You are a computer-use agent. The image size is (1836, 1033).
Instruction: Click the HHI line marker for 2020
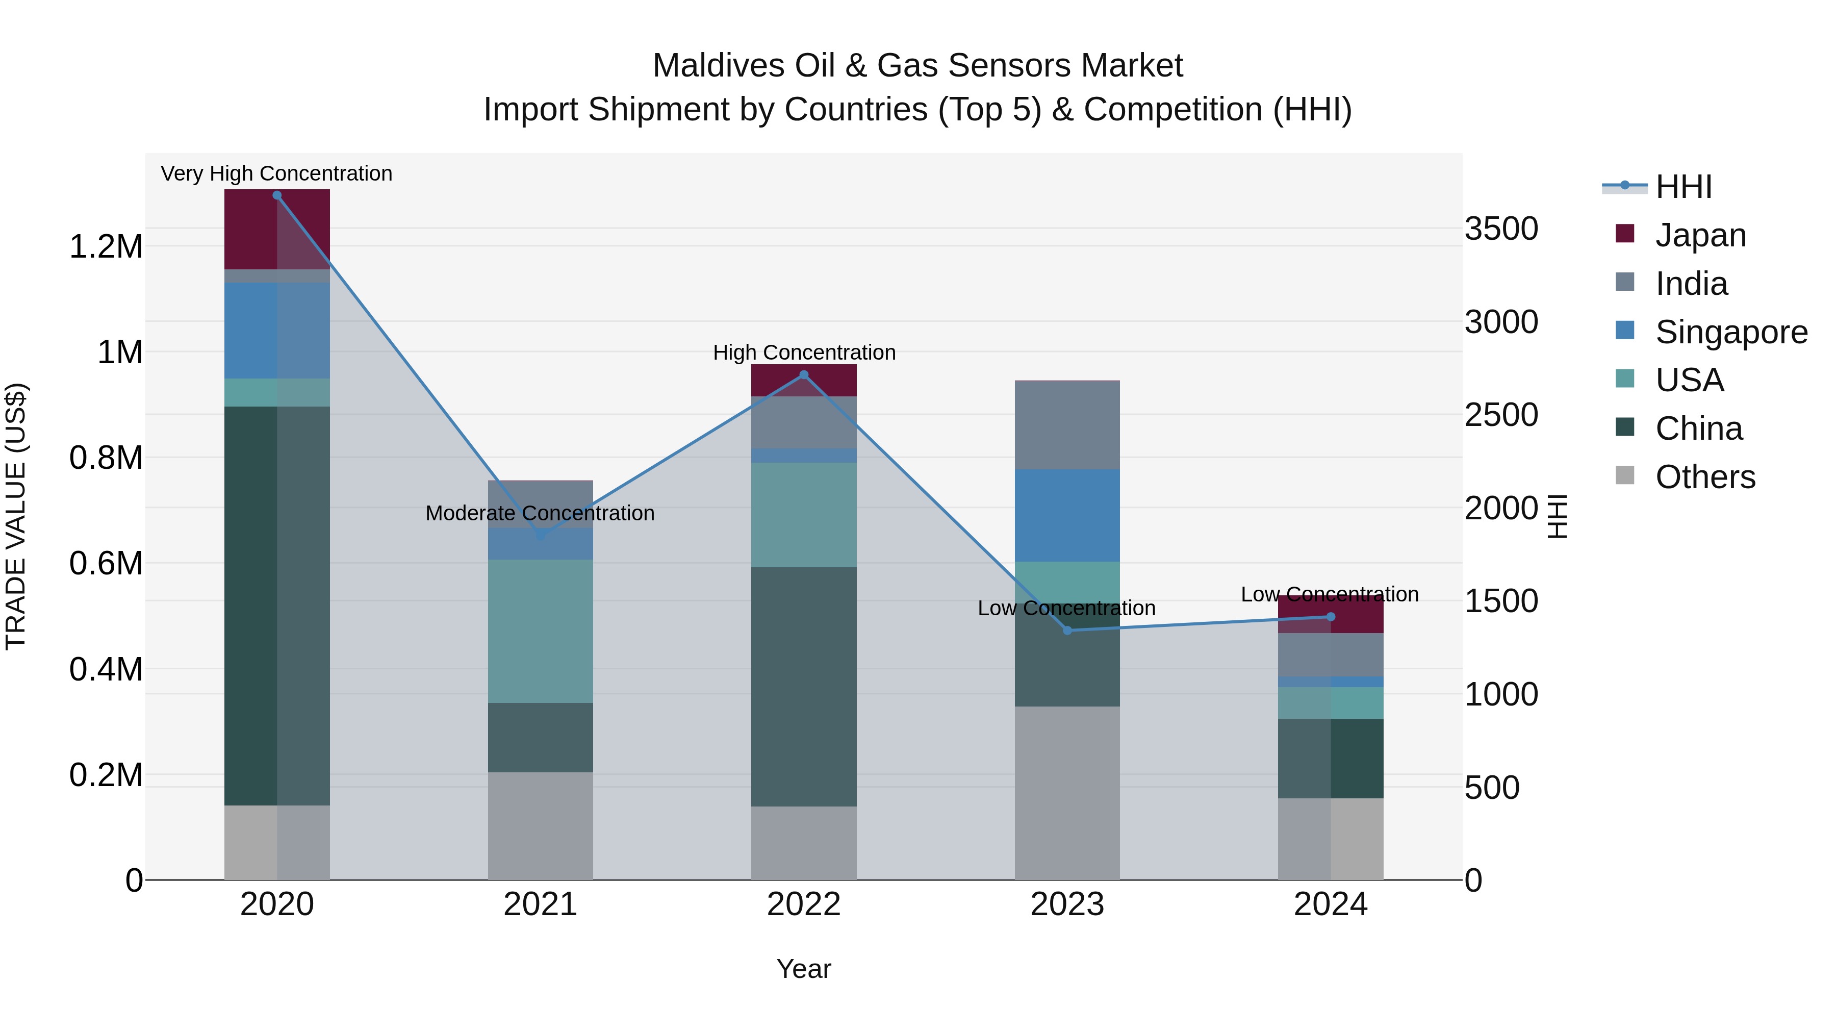coord(277,195)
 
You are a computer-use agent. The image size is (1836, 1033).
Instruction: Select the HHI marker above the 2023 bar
coord(1067,630)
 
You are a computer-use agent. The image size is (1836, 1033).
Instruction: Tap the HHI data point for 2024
coord(1330,617)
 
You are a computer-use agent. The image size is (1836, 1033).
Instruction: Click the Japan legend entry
coord(1700,235)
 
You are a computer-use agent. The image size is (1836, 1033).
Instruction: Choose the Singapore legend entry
coord(1730,332)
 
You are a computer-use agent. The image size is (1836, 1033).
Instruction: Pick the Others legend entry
coord(1705,477)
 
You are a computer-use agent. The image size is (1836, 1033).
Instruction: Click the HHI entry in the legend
coord(1683,187)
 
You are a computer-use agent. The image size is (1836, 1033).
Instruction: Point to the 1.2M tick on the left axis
coord(106,247)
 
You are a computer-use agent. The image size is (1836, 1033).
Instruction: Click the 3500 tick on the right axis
coord(1501,229)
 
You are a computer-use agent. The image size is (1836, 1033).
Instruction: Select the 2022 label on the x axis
coord(803,904)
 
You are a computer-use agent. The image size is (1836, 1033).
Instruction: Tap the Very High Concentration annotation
coord(276,173)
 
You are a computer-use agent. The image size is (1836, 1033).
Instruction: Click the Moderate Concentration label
coord(540,513)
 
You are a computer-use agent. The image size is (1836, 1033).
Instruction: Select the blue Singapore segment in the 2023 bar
coord(1067,515)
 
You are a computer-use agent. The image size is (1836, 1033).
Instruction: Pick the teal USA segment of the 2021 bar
coord(540,631)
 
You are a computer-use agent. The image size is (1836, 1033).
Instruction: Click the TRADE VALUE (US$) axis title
coord(16,516)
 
